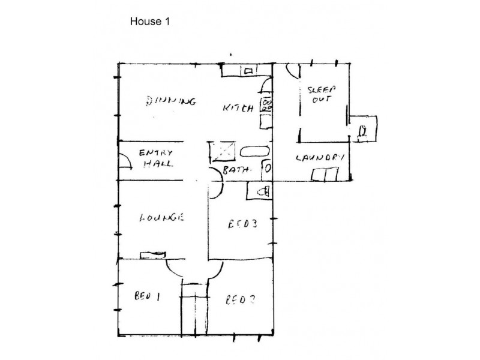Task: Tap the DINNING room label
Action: [170, 101]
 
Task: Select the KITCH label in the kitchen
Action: [238, 108]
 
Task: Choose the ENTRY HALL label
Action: [155, 157]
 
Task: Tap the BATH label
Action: [235, 171]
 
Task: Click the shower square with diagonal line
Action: [220, 152]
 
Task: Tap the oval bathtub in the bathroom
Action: [255, 151]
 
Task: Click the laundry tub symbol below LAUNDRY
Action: [324, 175]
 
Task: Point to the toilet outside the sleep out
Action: [364, 131]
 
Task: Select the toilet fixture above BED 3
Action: [260, 191]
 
